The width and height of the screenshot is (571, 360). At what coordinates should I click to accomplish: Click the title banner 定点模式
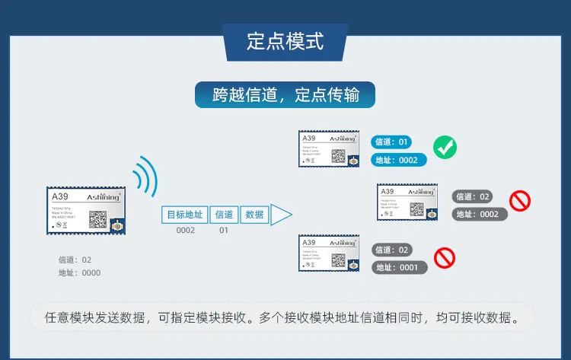285,41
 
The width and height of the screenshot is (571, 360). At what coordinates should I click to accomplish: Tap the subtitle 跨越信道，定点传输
285,95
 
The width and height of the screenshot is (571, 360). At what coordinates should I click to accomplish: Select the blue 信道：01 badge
393,142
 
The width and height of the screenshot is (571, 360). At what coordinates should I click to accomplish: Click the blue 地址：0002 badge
398,160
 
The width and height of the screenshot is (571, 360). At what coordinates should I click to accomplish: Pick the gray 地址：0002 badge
478,214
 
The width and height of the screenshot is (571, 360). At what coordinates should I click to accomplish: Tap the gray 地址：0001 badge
399,267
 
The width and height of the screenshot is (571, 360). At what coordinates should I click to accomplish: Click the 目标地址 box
185,215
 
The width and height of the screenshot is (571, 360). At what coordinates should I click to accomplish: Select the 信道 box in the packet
225,215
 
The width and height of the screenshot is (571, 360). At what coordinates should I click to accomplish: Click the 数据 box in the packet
255,215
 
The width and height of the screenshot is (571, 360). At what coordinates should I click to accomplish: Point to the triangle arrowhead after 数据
281,215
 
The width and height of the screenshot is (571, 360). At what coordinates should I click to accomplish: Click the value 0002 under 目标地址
186,231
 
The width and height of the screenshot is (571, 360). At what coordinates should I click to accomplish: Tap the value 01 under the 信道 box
224,231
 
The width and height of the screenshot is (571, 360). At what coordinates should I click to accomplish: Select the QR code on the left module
98,218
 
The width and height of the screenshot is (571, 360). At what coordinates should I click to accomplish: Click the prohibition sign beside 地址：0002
520,201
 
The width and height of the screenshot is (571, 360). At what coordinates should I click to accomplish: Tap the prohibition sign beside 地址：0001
445,258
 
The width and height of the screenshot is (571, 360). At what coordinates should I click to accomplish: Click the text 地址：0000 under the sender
80,272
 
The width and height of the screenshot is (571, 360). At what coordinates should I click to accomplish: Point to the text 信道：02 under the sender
75,260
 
